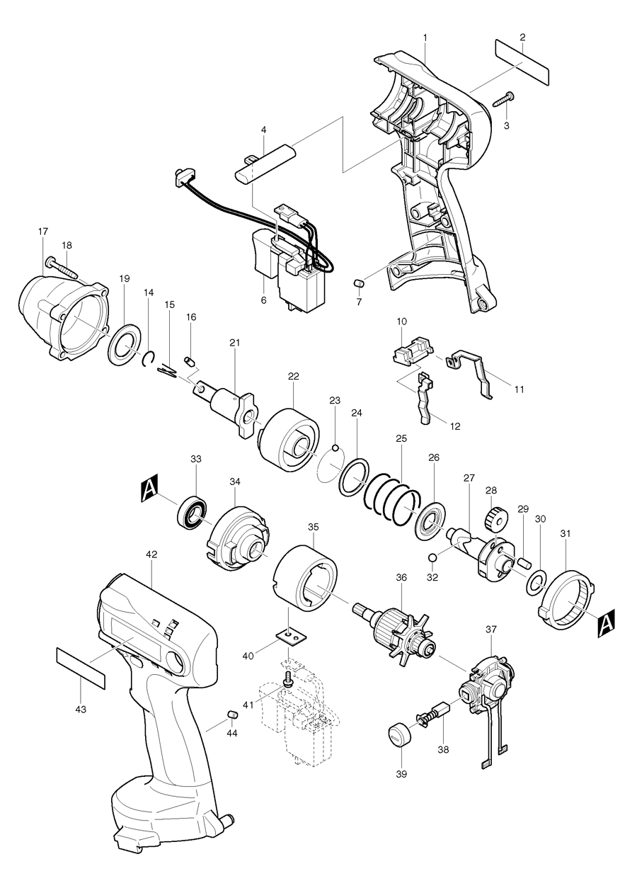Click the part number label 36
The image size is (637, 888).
[401, 579]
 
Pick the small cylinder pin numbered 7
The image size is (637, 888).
[358, 284]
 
